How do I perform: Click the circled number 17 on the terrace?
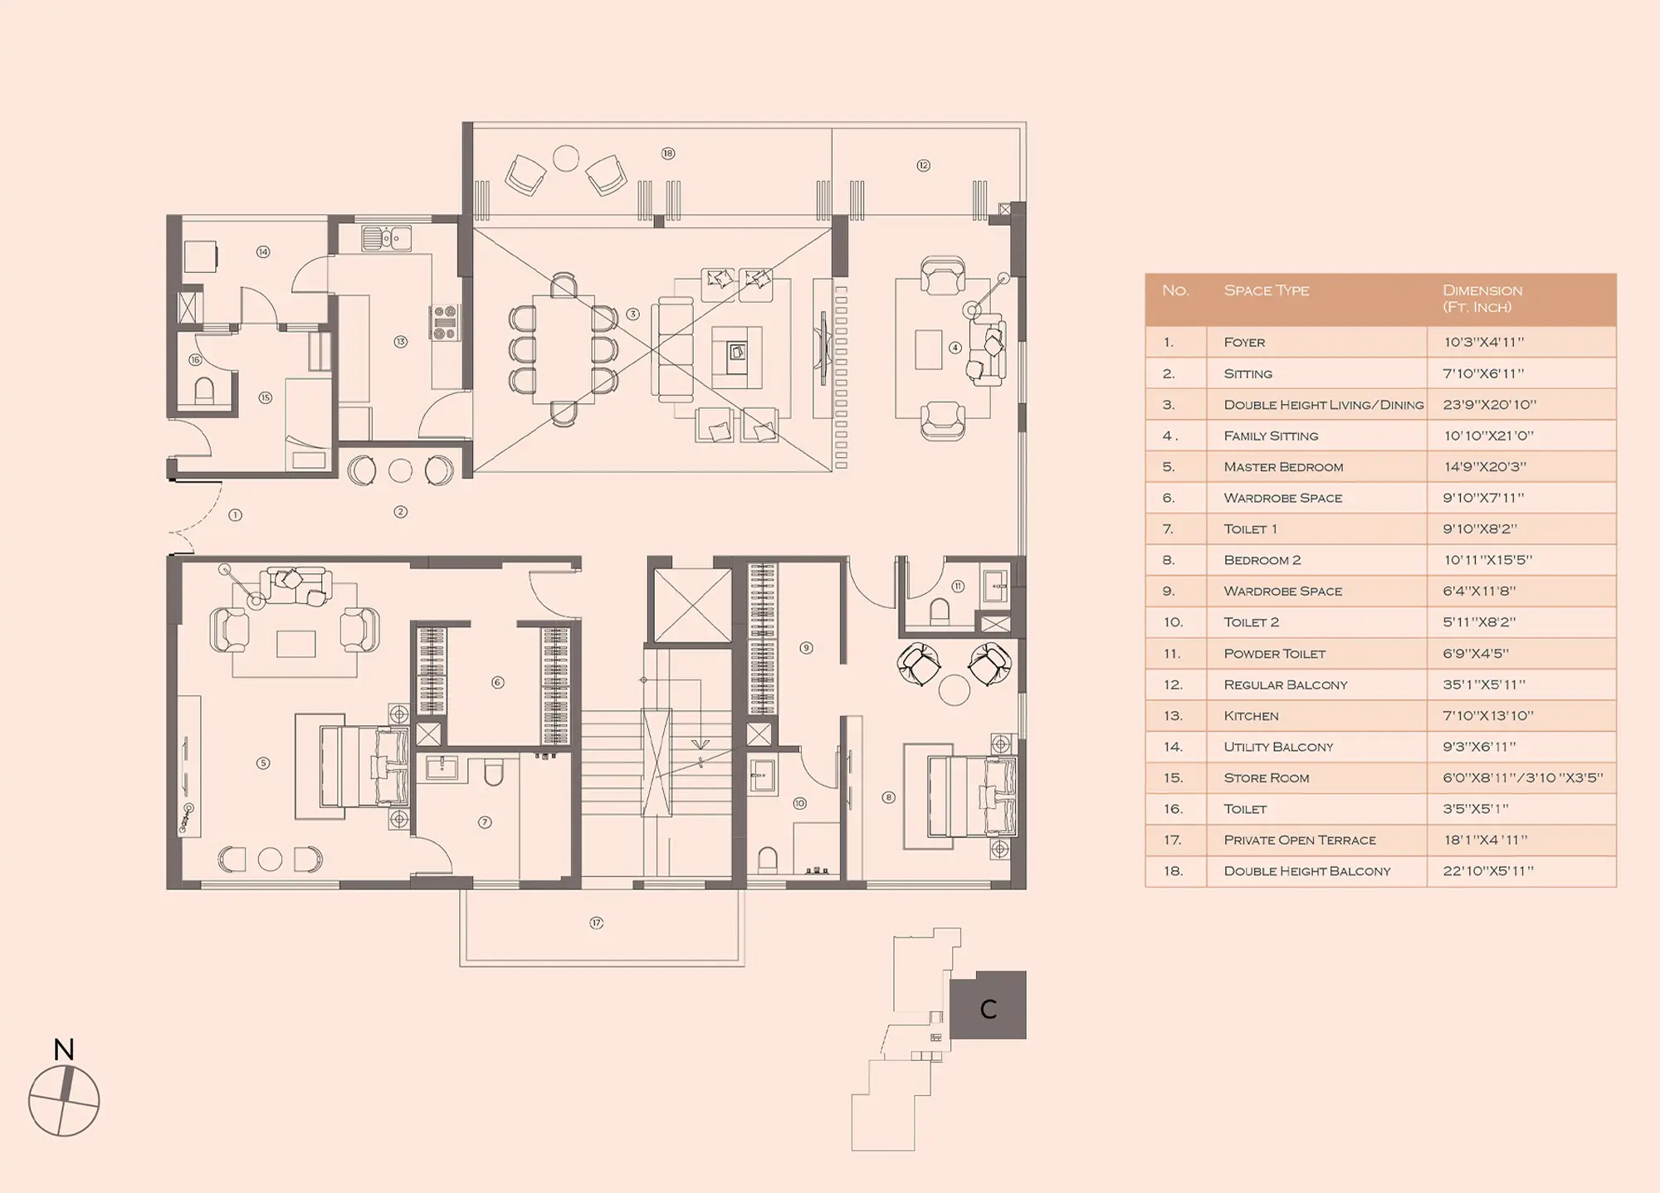coord(596,923)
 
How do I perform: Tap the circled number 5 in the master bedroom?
coord(263,762)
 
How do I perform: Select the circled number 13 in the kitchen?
coord(401,341)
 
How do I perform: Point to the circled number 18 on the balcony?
coord(668,153)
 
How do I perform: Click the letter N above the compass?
coord(64,1049)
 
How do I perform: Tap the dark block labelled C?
coord(988,1005)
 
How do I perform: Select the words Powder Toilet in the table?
coord(1274,654)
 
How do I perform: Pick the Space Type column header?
coord(1266,290)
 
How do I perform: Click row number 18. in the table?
coord(1172,871)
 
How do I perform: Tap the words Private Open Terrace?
coord(1300,840)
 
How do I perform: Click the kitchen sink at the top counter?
coord(386,238)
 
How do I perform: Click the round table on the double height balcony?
coord(566,158)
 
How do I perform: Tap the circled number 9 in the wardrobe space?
coord(806,647)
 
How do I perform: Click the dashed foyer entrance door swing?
coord(207,518)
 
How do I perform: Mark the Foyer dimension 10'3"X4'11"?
coord(1484,342)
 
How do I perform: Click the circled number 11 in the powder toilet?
coord(958,586)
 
